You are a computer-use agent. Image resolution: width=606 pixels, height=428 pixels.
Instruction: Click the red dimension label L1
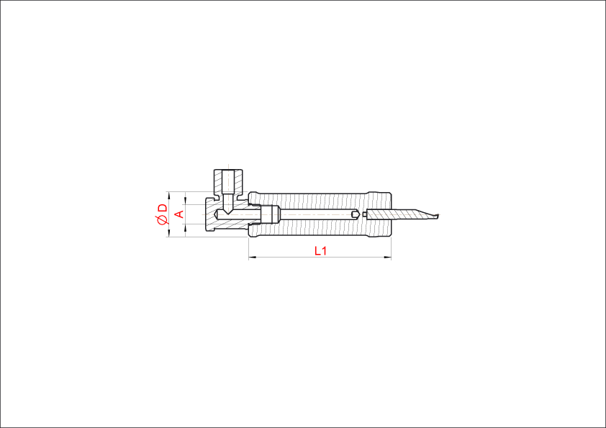[x=320, y=251]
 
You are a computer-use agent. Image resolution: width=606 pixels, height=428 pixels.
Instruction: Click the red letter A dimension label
[x=180, y=214]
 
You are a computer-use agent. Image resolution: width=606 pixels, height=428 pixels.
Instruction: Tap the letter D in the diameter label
[x=163, y=208]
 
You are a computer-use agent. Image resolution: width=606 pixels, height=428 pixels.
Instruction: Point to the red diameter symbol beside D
[x=163, y=220]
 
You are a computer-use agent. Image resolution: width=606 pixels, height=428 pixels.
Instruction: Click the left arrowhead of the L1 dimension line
[x=253, y=257]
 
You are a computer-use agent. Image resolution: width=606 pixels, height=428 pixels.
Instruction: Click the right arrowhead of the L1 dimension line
[x=387, y=257]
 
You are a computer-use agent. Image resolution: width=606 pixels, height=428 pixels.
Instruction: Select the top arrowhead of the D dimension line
[x=169, y=195]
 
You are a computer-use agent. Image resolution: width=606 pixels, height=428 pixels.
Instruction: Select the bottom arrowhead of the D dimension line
[x=169, y=233]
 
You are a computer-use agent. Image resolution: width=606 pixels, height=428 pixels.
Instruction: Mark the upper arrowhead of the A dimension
[x=186, y=201]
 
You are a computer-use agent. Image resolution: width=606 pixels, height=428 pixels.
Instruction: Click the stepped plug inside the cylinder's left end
[x=270, y=214]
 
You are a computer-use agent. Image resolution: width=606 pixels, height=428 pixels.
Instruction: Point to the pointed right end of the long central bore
[x=356, y=214]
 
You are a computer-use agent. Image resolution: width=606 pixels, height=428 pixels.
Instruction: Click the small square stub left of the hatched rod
[x=364, y=214]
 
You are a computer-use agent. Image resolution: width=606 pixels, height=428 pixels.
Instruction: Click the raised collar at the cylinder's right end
[x=380, y=214]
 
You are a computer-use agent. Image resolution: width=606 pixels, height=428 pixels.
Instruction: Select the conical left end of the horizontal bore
[x=217, y=214]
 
